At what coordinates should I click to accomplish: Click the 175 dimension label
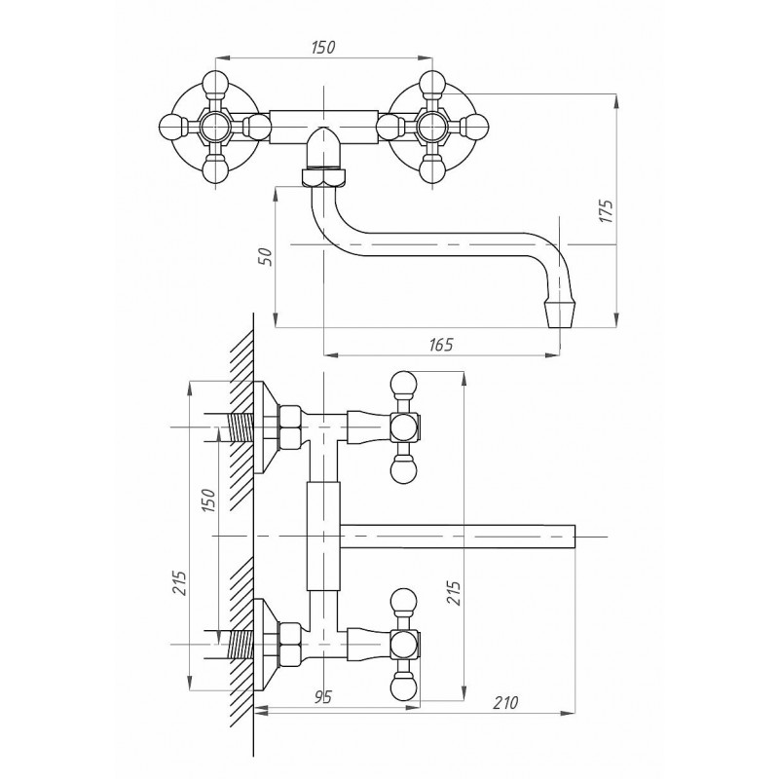click(607, 210)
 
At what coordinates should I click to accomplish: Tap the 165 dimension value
click(441, 345)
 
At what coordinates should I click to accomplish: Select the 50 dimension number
click(267, 256)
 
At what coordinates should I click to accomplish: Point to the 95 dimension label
click(322, 697)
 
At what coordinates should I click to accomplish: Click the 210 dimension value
click(505, 702)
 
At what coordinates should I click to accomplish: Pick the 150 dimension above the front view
click(323, 47)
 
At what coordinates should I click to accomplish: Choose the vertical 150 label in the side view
click(209, 501)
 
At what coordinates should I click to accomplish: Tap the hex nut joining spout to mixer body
click(324, 176)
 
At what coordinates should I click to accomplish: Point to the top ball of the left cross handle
click(215, 83)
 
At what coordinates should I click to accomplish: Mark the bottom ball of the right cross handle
click(431, 169)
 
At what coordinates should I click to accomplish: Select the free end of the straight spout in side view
click(575, 538)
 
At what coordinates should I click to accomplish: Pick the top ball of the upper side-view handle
click(403, 384)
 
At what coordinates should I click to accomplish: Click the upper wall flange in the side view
click(267, 427)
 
